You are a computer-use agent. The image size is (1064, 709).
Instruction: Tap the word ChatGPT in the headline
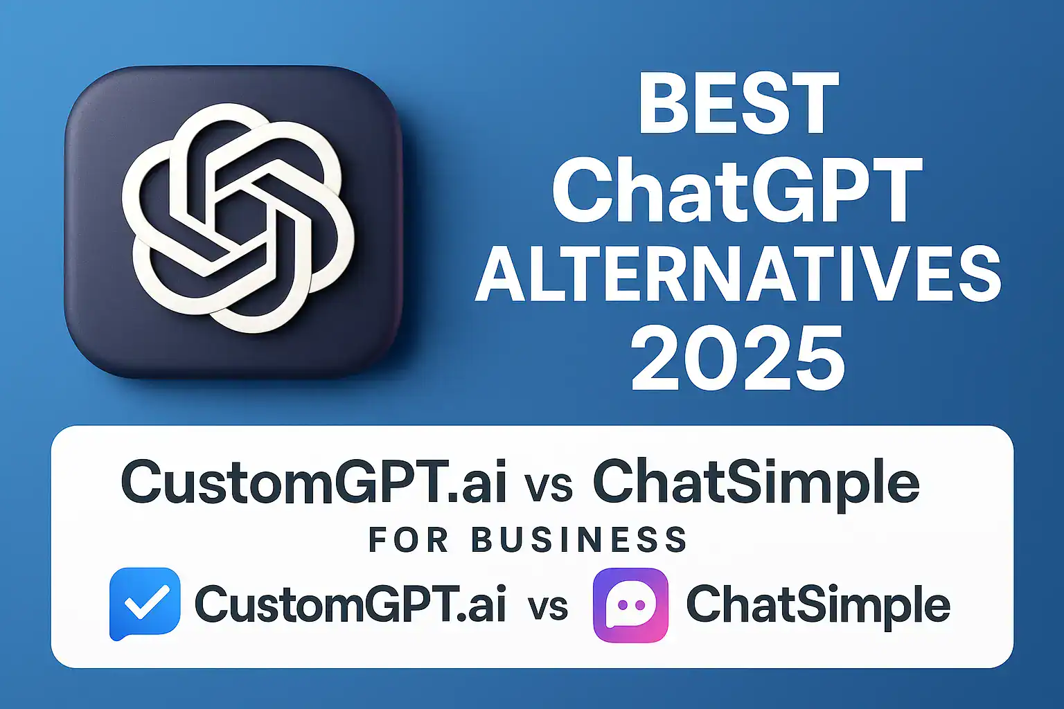coord(737,189)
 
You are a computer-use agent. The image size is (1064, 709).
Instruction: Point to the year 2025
coord(738,360)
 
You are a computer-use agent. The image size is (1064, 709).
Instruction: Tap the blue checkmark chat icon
coord(145,604)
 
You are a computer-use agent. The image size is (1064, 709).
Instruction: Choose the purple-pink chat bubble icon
coord(630,604)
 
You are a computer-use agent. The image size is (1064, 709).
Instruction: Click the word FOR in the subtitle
coord(408,540)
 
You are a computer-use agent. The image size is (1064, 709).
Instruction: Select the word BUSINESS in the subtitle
coord(579,540)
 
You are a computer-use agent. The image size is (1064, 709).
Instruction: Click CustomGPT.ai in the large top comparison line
coord(314,482)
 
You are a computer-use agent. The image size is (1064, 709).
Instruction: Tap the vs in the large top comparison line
coord(549,485)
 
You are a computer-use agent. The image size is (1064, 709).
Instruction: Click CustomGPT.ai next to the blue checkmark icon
coord(350,604)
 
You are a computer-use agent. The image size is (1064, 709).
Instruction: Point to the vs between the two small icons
coord(547,607)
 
